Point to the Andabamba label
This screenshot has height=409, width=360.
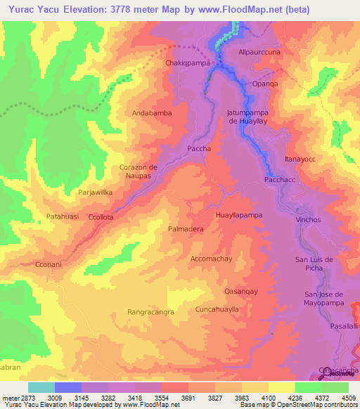coord(151,112)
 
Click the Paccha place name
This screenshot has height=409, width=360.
coord(200,149)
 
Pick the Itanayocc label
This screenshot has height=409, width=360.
coord(300,160)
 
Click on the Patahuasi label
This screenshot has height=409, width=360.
coord(63,216)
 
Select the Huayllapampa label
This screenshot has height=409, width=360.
coord(239,214)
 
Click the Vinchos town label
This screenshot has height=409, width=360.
coord(308,220)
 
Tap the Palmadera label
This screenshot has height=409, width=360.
coord(186,229)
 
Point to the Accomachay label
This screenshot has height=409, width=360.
coord(212,259)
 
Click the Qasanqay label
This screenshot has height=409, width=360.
coord(241,291)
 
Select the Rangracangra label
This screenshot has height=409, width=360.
coord(150,311)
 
